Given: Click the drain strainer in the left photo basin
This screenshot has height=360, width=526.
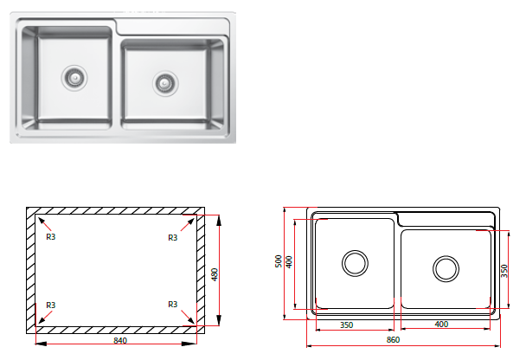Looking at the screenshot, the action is point(74,78).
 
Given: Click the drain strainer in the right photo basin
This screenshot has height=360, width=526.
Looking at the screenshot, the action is point(165,83).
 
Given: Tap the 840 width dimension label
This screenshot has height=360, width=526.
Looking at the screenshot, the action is point(120,341).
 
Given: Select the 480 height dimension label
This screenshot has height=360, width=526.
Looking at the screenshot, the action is point(215,274).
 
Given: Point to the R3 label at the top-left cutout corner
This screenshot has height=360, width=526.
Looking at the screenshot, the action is point(51,237).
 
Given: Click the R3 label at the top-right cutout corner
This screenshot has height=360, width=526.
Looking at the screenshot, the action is point(172,238).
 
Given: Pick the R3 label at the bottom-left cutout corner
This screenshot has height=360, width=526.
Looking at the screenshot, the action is point(51,305).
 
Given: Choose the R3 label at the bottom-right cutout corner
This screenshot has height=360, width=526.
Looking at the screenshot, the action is point(172,305).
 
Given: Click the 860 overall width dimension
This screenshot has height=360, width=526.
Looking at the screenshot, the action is point(393,340).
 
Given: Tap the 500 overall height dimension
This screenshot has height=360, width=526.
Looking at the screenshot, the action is point(279,261).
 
